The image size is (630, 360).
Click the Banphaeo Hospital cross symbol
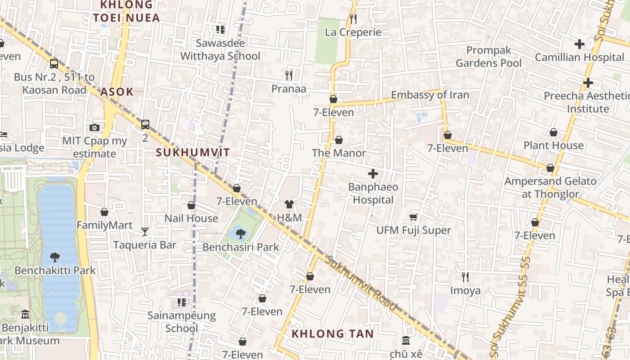click(373, 174)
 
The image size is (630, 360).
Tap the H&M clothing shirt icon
click(289, 205)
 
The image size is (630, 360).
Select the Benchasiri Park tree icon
click(241, 234)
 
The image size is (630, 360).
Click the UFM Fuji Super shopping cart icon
click(414, 217)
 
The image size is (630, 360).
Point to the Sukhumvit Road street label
click(362, 284)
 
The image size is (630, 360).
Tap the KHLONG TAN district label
click(333, 334)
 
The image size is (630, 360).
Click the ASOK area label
click(117, 92)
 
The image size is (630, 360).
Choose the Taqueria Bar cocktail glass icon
click(144, 232)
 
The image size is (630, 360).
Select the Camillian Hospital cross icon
click(580, 44)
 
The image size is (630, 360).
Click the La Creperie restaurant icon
click(353, 19)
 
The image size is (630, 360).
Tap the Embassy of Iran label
click(430, 95)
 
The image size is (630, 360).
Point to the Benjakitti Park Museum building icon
click(25, 314)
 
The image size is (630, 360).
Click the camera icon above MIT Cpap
click(94, 128)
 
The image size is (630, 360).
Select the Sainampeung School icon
click(182, 302)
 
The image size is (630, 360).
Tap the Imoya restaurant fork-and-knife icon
click(465, 277)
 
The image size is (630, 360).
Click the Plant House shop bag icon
click(553, 132)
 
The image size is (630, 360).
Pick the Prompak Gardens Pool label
click(488, 57)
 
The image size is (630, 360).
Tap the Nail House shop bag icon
click(191, 206)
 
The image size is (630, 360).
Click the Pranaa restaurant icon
click(289, 76)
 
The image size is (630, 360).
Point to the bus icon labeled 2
click(145, 125)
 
